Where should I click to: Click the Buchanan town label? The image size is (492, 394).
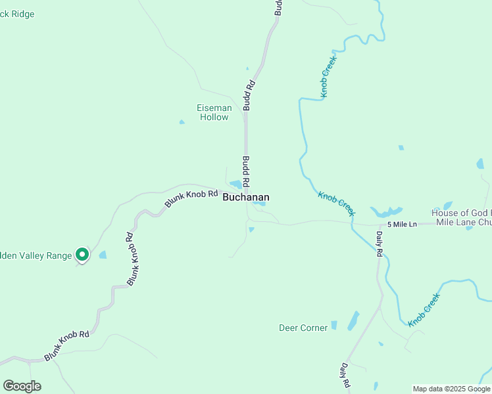245,197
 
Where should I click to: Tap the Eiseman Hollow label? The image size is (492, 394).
214,112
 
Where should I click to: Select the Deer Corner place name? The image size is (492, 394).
303,328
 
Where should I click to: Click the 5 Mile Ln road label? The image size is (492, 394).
402,225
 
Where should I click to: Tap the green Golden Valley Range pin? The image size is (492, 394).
82,254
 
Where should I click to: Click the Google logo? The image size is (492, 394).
22,386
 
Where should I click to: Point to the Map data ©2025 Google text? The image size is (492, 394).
451,389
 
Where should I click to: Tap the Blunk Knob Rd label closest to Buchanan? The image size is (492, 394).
191,199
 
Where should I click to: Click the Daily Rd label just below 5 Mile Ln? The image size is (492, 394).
380,242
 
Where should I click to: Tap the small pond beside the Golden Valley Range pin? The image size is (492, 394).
103,255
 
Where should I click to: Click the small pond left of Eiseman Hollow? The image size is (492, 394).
182,121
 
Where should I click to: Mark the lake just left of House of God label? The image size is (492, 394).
386,212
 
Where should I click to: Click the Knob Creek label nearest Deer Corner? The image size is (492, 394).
423,311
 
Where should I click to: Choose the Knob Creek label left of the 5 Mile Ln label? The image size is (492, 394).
336,204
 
